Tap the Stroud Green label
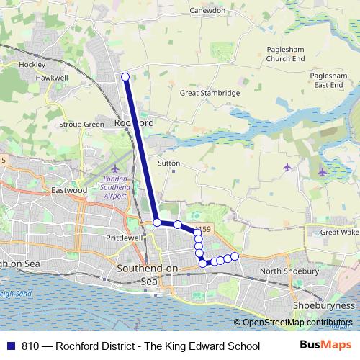(81, 124)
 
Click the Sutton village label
(168, 163)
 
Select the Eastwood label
(69, 190)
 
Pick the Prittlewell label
(105, 236)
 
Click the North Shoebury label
(289, 271)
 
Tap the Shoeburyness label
(324, 305)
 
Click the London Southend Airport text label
(114, 186)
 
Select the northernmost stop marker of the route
(125, 77)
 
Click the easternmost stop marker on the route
(234, 256)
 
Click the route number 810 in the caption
(30, 346)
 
